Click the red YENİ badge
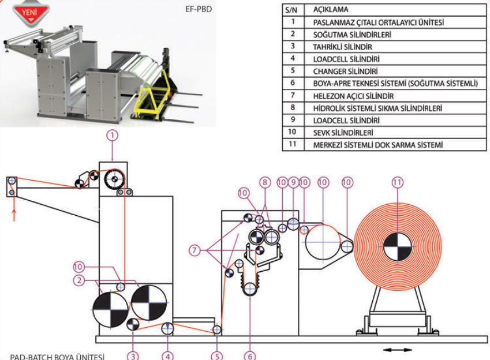(x=31, y=14)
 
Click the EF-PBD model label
(x=199, y=9)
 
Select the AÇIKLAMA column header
(x=331, y=10)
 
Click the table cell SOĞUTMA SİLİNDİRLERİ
(x=352, y=35)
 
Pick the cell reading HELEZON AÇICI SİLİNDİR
(x=353, y=96)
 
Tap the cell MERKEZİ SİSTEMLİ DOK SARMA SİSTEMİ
(x=378, y=145)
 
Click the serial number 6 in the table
(x=293, y=83)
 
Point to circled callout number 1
(x=113, y=136)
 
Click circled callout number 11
(x=398, y=182)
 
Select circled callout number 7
(x=194, y=250)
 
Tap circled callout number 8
(x=265, y=182)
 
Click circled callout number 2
(x=79, y=280)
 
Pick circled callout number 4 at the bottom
(x=167, y=356)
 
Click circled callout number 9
(x=293, y=182)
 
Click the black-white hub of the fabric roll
(x=398, y=247)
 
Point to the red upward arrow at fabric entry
(x=14, y=215)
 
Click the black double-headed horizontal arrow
(x=398, y=350)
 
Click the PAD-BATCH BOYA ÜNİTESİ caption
(x=57, y=357)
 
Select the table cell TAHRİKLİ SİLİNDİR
(x=342, y=47)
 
